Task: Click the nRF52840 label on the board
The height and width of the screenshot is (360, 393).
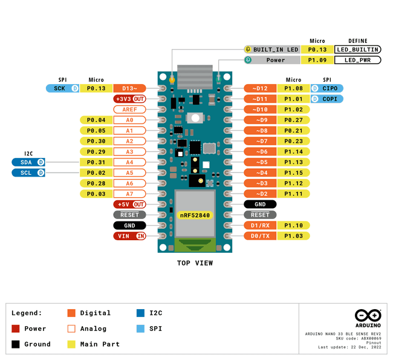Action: [x=194, y=215]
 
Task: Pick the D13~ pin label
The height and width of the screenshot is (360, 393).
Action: [x=129, y=88]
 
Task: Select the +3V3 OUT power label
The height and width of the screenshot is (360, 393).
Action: [x=129, y=99]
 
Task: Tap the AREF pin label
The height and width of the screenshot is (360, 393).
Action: [x=129, y=110]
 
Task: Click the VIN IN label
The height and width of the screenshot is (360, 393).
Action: [x=129, y=236]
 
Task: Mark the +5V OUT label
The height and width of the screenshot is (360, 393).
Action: [x=129, y=205]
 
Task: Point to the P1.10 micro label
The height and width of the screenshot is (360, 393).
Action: [x=293, y=226]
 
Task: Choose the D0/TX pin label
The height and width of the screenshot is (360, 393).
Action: [x=260, y=236]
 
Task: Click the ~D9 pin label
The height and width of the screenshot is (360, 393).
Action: [x=260, y=120]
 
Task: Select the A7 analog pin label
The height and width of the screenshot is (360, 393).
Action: [x=129, y=194]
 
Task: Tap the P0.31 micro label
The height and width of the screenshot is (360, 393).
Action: [x=96, y=162]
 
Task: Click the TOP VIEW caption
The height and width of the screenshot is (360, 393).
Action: [x=195, y=263]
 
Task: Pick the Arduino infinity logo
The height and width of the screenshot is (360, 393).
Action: [x=368, y=316]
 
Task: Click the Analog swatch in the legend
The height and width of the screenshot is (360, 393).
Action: [x=71, y=329]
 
